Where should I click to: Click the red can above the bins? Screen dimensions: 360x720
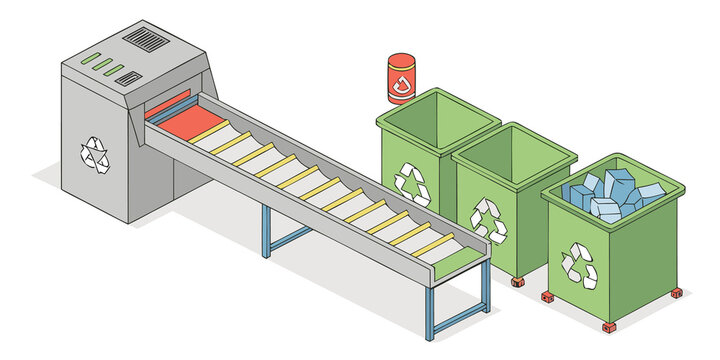[x=401, y=79]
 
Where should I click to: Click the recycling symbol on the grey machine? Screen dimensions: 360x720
[x=95, y=153]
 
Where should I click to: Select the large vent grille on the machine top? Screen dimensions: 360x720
[x=146, y=41]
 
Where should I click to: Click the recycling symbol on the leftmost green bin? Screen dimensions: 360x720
[x=412, y=183]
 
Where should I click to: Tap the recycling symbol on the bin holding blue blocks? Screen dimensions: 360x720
[x=578, y=263]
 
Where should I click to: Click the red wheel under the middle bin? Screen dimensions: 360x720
[x=517, y=282]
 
